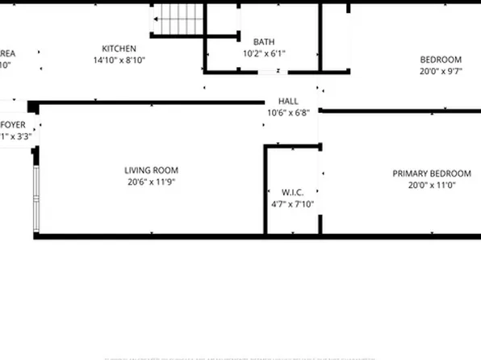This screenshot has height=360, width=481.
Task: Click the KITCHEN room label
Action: pyautogui.click(x=118, y=48)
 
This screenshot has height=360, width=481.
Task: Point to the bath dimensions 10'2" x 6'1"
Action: pyautogui.click(x=264, y=54)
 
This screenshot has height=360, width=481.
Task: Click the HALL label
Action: pyautogui.click(x=288, y=102)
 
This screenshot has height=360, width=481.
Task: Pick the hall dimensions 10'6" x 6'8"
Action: pyautogui.click(x=288, y=113)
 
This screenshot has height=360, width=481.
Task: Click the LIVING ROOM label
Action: pyautogui.click(x=151, y=170)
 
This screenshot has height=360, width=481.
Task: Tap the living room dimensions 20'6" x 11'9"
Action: pyautogui.click(x=151, y=182)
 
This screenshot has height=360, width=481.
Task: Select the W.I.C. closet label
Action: pyautogui.click(x=292, y=192)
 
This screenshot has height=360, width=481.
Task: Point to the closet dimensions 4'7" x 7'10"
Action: pyautogui.click(x=292, y=204)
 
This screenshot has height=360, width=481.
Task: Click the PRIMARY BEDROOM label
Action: pyautogui.click(x=432, y=174)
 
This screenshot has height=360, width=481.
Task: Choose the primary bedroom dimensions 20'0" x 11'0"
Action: pyautogui.click(x=432, y=186)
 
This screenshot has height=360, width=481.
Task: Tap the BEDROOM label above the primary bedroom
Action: pyautogui.click(x=441, y=60)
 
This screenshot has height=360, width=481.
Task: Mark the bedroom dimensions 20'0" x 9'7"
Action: pyautogui.click(x=441, y=71)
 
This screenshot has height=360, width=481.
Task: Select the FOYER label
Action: pyautogui.click(x=13, y=124)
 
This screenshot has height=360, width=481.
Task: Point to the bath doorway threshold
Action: pyautogui.click(x=268, y=71)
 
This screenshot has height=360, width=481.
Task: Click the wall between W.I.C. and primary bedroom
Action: pyautogui.click(x=320, y=190)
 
